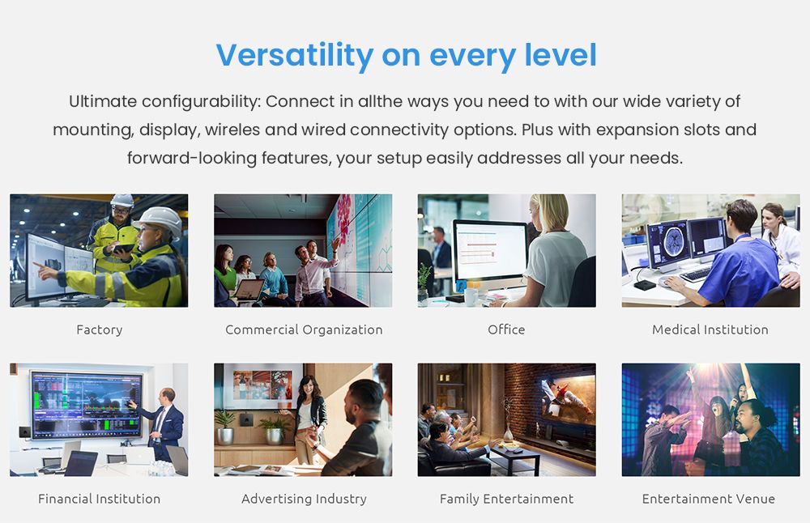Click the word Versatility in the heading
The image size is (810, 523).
pos(295,55)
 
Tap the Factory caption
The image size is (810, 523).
pos(99,330)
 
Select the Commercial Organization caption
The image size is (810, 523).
pos(304,330)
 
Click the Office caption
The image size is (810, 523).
pos(506,330)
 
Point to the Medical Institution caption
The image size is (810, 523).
pos(710,330)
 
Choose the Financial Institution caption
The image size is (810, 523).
pos(99,499)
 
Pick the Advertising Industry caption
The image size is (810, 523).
pos(304,499)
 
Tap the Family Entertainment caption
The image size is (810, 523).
pos(506,499)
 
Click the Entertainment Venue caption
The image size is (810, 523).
pos(709,499)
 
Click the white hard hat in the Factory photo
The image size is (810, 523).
pos(160,220)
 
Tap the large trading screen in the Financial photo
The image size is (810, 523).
pos(87,404)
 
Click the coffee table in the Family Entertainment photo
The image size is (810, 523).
pos(514,457)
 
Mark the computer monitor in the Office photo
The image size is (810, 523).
pos(490,253)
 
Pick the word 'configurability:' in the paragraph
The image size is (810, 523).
pos(202,102)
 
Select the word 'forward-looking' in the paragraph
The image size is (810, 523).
pos(192,158)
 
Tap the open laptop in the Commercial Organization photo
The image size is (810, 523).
pos(249,290)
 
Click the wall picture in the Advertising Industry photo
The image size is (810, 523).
pos(262,385)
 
